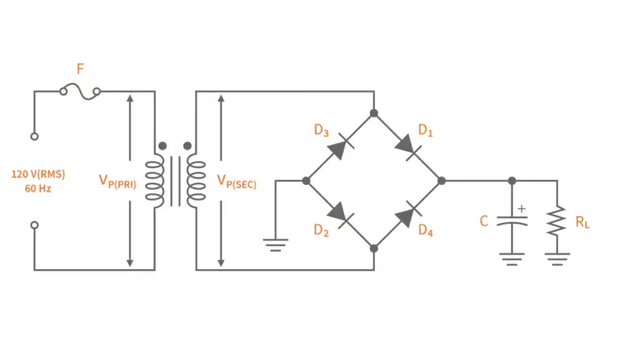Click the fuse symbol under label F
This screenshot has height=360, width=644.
[x=80, y=92]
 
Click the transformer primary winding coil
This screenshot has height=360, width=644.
[x=154, y=180]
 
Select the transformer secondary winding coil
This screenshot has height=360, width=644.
[x=196, y=180]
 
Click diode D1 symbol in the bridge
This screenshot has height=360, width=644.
[x=408, y=146]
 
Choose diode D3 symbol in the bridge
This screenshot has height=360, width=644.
[x=339, y=146]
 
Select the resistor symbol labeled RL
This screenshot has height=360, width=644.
[x=557, y=220]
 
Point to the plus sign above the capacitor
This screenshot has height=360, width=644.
[x=521, y=208]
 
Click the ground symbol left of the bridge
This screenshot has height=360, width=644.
[x=274, y=243]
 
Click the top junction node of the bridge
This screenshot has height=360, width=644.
[x=374, y=112]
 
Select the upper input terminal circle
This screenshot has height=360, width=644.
[x=35, y=135]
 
